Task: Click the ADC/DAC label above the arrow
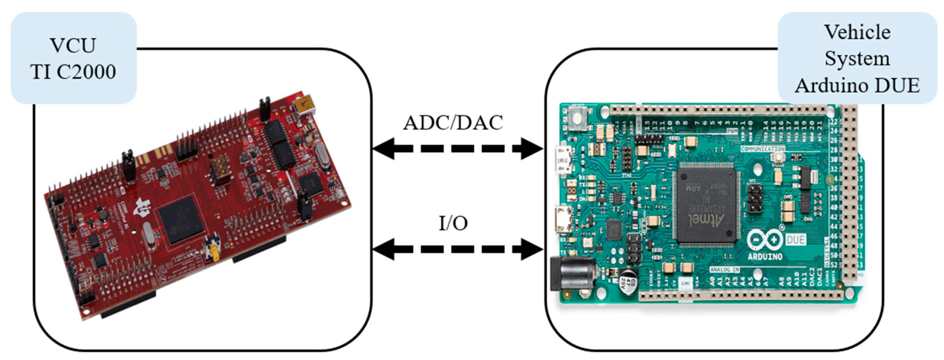coord(453,123)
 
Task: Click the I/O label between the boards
coord(453,223)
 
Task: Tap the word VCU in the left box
coord(73,45)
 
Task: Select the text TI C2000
coord(73,71)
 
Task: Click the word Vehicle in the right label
coord(857,32)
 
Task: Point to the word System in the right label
coord(857,59)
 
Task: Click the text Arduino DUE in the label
coord(857,86)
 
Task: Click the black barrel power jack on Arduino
coord(572,273)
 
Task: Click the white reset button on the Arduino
coord(578,118)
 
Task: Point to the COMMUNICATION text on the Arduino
coord(763,149)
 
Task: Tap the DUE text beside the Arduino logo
coord(796,240)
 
